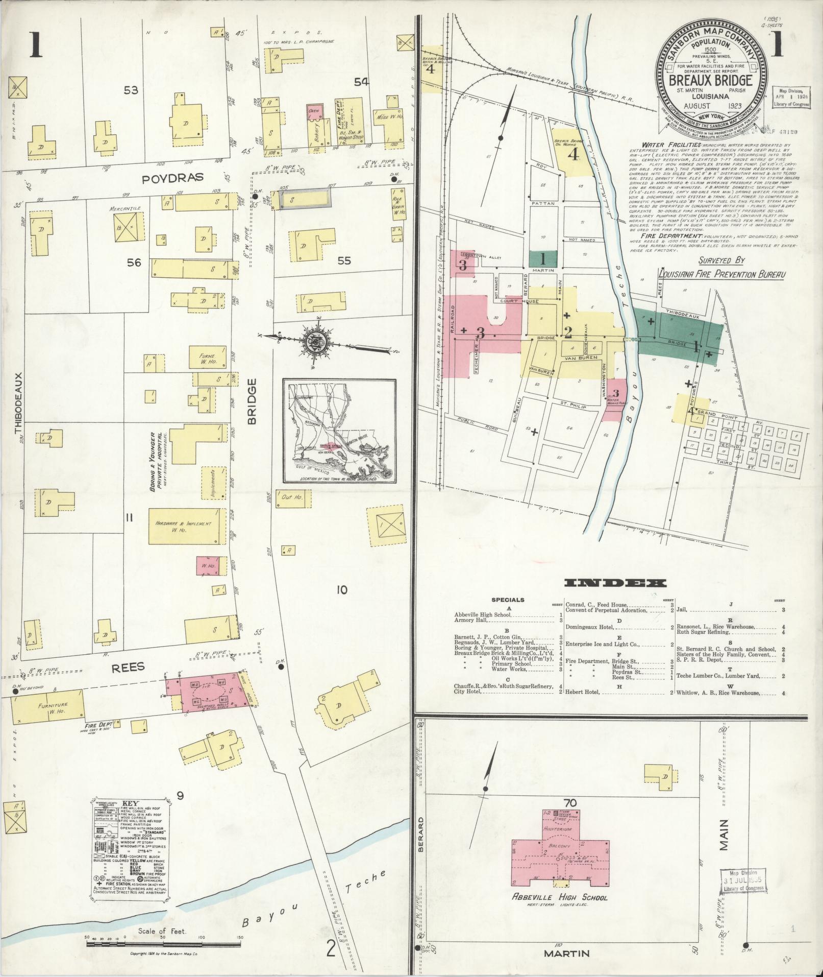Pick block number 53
[131, 91]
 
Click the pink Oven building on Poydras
[313, 113]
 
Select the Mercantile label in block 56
[121, 209]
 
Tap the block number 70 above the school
[570, 803]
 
